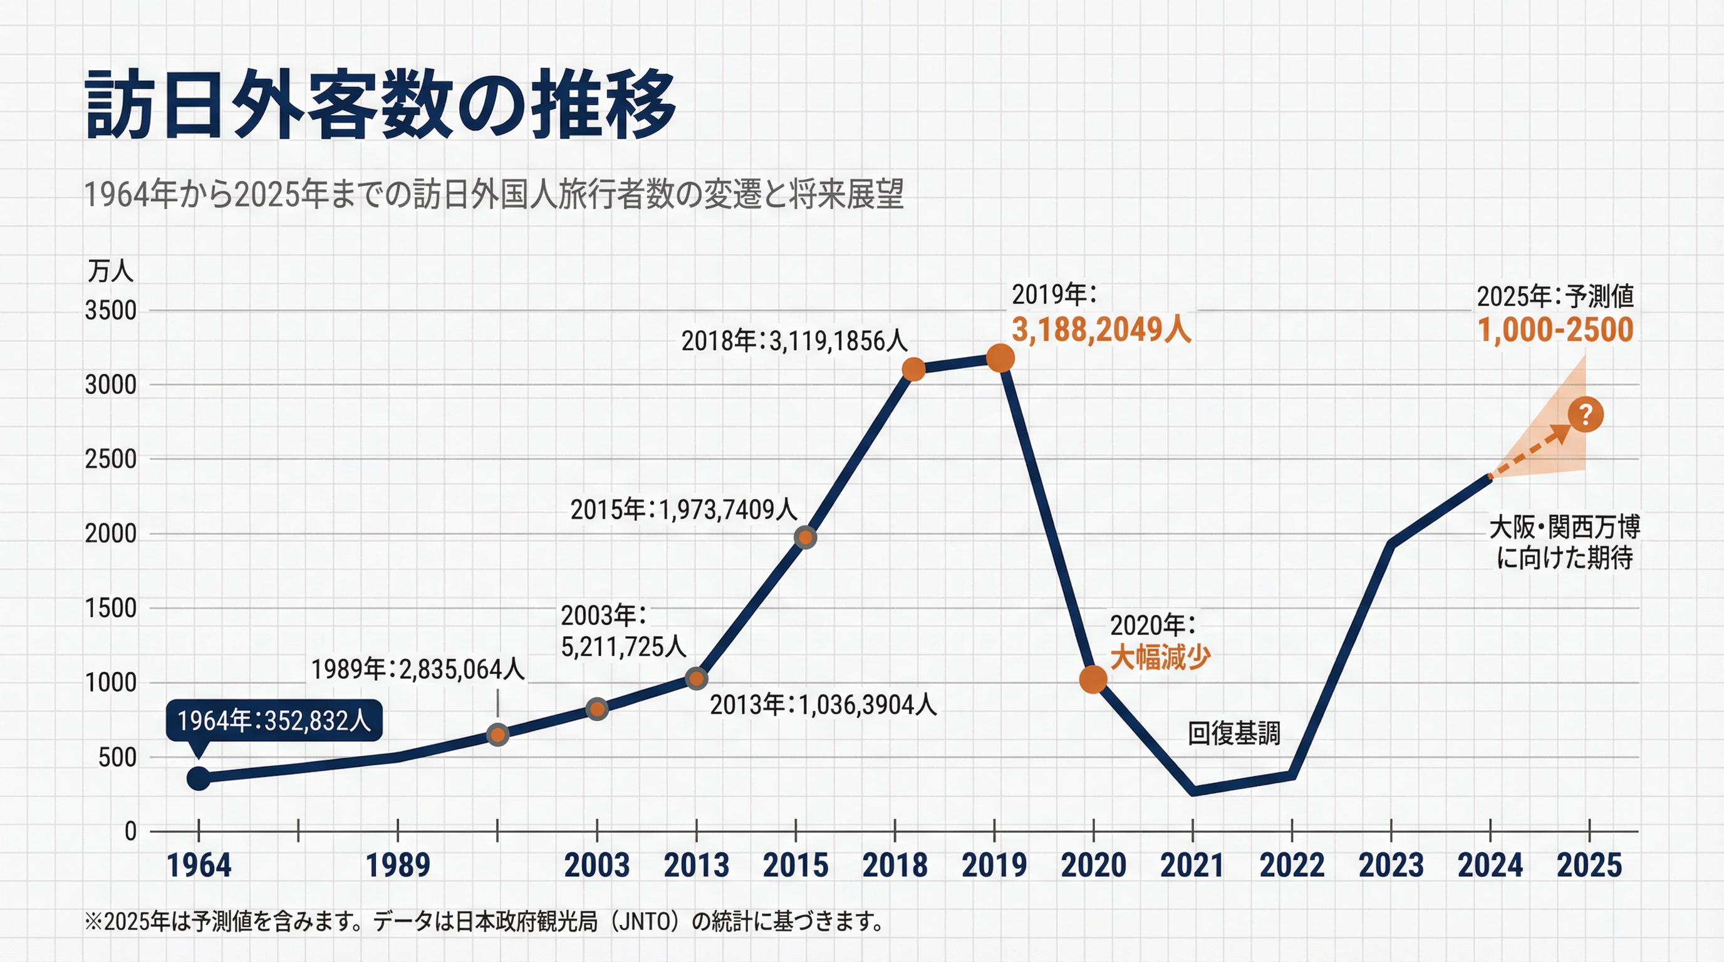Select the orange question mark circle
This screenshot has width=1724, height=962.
coord(1585,415)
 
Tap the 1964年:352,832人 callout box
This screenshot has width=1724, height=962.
coord(274,720)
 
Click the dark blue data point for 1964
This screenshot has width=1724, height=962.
coord(198,778)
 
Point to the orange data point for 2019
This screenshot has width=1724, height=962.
coord(1000,359)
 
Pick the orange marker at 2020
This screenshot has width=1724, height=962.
coord(1093,680)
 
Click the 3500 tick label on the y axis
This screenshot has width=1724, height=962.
coord(110,311)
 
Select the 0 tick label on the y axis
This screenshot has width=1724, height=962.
coord(130,831)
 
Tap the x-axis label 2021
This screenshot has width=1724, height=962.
coord(1192,865)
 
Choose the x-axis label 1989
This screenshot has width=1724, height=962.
coord(398,865)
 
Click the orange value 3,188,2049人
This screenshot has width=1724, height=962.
coord(1101,330)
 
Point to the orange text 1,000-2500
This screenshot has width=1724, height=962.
coord(1555,330)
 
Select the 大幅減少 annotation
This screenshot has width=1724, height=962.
coord(1160,657)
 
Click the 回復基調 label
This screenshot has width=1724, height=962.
coord(1233,734)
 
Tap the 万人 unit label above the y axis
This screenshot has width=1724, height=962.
coord(110,271)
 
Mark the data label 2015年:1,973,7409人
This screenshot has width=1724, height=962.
coord(683,510)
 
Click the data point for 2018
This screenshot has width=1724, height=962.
coord(913,370)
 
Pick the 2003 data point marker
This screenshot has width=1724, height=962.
coord(597,709)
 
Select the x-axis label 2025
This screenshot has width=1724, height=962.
coord(1589,865)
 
